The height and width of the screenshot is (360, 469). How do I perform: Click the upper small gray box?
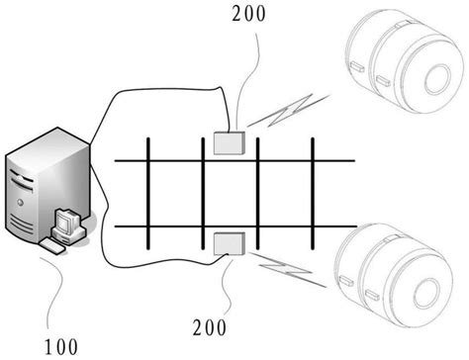[x=230, y=143]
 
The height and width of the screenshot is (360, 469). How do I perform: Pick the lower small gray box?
[x=229, y=242]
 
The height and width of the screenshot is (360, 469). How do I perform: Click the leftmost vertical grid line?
[x=147, y=192]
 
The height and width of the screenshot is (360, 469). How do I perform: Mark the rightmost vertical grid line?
[x=313, y=192]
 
